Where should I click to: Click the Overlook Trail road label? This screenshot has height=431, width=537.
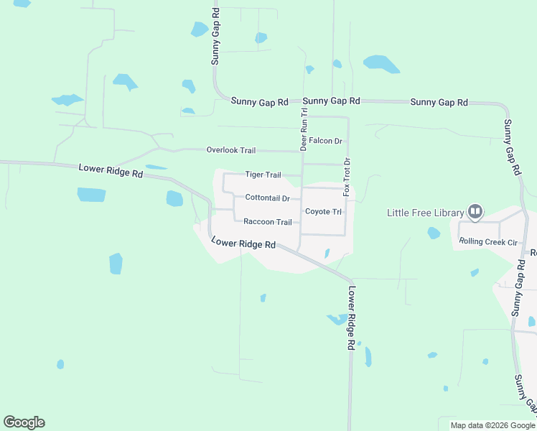click(231, 150)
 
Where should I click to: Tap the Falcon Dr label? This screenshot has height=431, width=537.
click(325, 141)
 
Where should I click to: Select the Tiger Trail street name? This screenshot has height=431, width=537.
click(263, 175)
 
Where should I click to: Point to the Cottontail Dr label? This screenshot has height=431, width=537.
click(267, 198)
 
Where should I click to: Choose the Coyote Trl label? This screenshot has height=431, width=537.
click(323, 211)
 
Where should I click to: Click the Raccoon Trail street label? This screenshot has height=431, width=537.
click(267, 222)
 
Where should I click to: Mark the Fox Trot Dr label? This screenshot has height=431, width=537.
click(346, 177)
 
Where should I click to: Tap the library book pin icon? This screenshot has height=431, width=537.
click(475, 211)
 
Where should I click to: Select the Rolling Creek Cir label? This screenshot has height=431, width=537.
click(488, 242)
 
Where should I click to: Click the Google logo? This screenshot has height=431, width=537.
click(24, 422)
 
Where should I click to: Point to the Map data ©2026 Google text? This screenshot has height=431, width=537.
click(492, 425)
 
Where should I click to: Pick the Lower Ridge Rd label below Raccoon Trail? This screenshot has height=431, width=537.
click(244, 244)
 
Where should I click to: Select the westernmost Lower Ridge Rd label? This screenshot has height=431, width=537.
click(111, 172)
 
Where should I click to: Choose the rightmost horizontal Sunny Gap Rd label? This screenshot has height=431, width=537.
click(439, 103)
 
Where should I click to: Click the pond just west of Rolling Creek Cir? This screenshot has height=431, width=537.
click(434, 233)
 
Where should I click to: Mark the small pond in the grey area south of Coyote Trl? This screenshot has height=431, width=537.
click(327, 253)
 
